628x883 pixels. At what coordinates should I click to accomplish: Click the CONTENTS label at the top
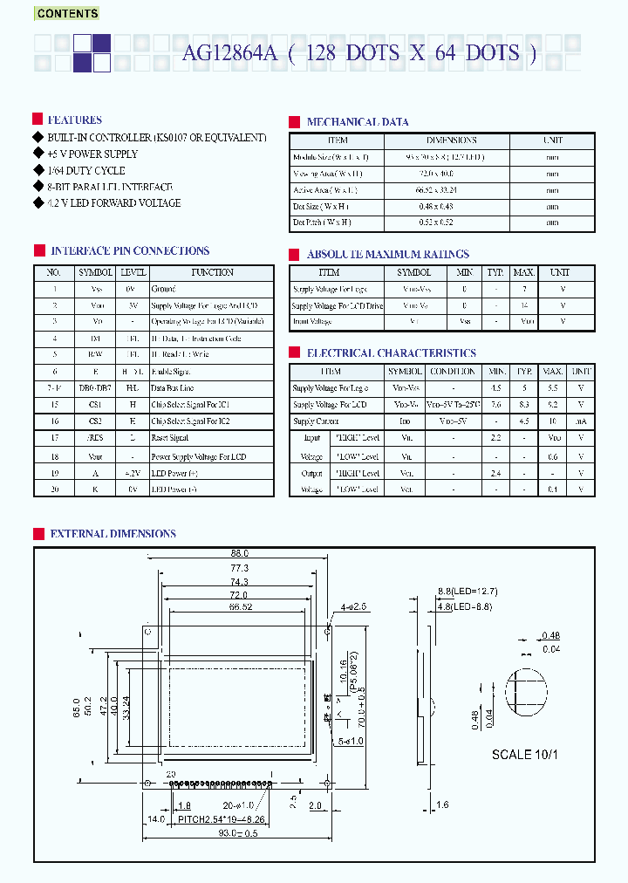67,14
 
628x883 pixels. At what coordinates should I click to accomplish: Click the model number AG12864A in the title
229,53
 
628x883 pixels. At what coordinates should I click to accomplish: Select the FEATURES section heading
74,120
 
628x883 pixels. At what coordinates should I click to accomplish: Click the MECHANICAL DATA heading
358,122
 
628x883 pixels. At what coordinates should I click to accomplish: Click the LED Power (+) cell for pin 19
174,472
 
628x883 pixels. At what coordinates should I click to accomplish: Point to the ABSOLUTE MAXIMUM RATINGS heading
388,255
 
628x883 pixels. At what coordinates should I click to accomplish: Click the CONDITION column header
453,372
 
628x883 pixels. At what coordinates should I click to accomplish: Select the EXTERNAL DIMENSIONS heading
113,534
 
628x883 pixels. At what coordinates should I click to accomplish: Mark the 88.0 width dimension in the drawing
240,553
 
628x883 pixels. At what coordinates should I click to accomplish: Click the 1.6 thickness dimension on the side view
444,805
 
